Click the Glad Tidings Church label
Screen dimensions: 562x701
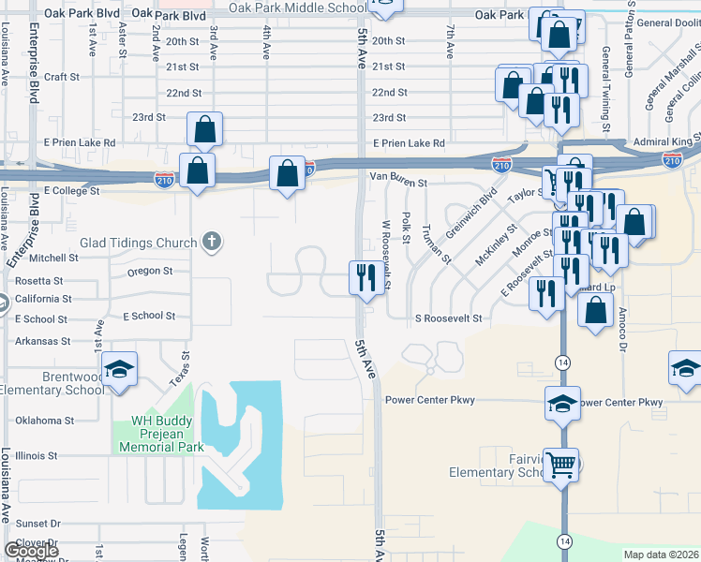tap(138, 243)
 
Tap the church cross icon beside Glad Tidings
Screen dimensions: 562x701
tap(212, 243)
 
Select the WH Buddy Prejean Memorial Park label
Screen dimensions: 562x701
tap(161, 435)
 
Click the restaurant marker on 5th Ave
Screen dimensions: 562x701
tap(364, 276)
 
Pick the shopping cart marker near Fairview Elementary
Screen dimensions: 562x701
tap(560, 463)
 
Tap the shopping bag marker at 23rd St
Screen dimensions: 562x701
tap(204, 128)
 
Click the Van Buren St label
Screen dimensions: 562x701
tap(398, 174)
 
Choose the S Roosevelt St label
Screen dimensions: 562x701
tap(448, 318)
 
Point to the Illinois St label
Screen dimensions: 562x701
tap(35, 456)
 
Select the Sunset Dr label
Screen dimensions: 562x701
tap(37, 525)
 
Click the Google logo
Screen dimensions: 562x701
tap(30, 550)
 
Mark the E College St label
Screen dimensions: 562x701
tap(71, 190)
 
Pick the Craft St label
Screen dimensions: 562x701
tap(59, 78)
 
